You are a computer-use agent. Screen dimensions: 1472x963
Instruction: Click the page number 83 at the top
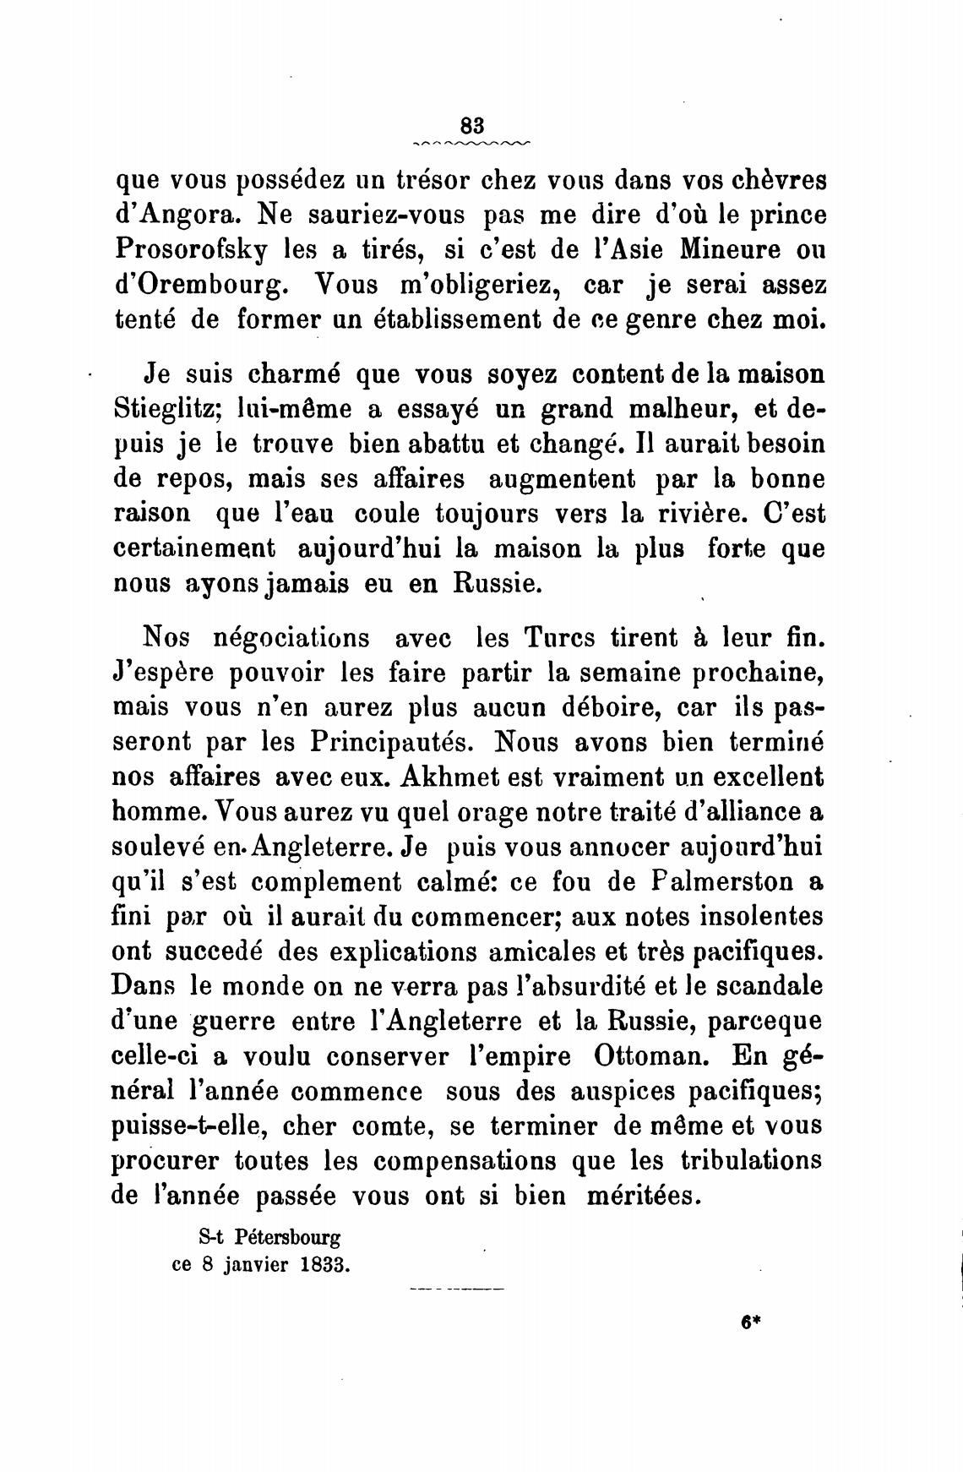471,124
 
